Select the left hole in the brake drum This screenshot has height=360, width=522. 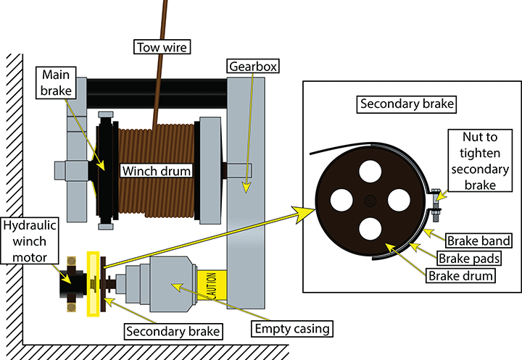point(343,199)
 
